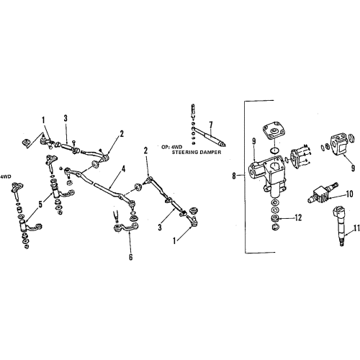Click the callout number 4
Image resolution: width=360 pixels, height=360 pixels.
coord(123,169)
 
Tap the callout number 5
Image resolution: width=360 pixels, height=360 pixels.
coord(40,204)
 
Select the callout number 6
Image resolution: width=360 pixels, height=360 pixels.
coord(130,257)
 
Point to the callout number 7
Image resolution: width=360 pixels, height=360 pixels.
coord(210,125)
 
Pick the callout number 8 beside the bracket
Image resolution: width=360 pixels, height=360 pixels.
coord(234,176)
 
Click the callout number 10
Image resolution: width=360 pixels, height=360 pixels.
coord(350,194)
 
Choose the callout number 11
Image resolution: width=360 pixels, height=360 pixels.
coord(356,228)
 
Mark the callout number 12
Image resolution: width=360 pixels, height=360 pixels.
coord(298,217)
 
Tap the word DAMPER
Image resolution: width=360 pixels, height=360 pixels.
coord(212,152)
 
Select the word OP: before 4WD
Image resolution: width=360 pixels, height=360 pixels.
coord(166,145)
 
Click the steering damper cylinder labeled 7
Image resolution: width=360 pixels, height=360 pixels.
coord(210,137)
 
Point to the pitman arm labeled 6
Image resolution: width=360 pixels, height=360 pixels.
coord(127,228)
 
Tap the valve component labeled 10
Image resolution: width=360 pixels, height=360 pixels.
coord(323,193)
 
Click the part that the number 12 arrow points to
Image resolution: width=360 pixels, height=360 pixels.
coord(274,219)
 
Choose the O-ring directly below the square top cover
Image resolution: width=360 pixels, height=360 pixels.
coord(274,150)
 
